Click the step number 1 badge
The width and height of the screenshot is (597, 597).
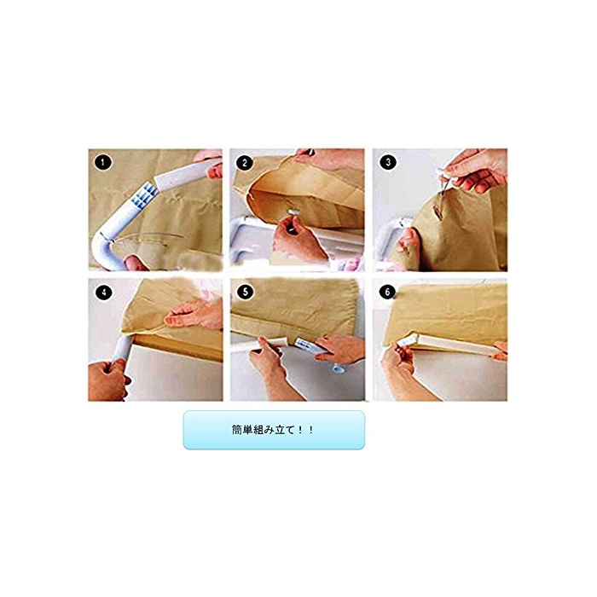(103, 163)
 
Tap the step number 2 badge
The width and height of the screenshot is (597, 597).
(245, 163)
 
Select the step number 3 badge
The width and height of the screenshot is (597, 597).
(388, 162)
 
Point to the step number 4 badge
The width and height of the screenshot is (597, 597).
(103, 293)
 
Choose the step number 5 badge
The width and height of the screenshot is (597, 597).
(246, 292)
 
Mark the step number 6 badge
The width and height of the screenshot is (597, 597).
(387, 292)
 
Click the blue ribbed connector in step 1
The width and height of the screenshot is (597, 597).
(146, 195)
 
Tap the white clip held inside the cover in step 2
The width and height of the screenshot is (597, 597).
(293, 211)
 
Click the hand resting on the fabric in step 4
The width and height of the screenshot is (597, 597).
(194, 314)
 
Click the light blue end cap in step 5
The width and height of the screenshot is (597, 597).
(339, 368)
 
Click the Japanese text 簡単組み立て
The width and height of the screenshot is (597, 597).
(263, 430)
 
